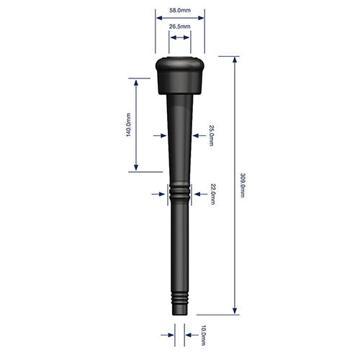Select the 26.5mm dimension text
point(179,27)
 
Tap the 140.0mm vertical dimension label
point(129,125)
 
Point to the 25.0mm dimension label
point(212,135)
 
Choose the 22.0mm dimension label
point(212,194)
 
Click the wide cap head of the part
point(179,74)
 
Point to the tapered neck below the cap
point(179,122)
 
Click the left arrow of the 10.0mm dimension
point(170,335)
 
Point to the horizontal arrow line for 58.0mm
point(179,19)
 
